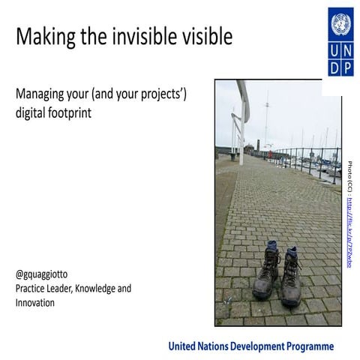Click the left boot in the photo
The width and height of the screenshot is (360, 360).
(268, 271)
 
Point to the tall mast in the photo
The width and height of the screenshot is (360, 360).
(265, 120)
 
